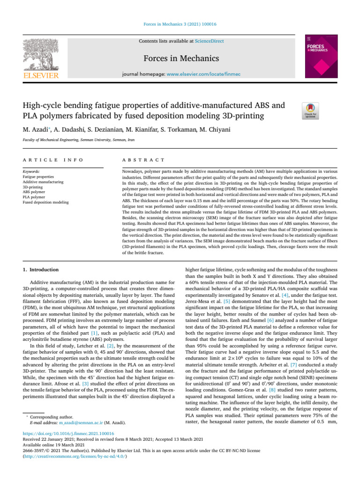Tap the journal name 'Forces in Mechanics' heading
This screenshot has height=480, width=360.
[x=180, y=59]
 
